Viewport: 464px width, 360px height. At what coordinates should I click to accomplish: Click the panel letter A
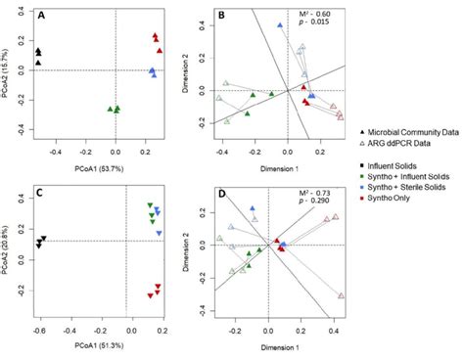click(x=40, y=16)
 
